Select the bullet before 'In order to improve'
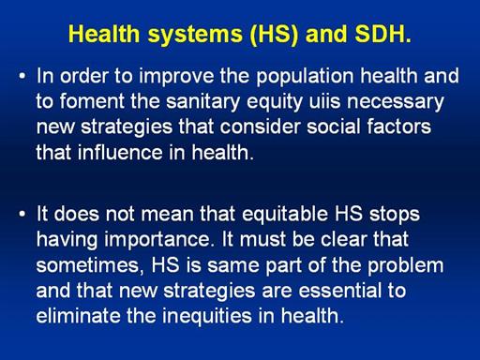(x=22, y=77)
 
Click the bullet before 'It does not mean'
(x=22, y=215)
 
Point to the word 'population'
(x=305, y=77)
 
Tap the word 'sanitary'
(x=203, y=103)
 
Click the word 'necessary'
(x=396, y=103)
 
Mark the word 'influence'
(x=120, y=152)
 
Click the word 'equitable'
(x=285, y=216)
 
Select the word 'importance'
(x=157, y=240)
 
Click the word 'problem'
(x=405, y=266)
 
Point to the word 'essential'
(x=340, y=291)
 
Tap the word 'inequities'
(x=207, y=317)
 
